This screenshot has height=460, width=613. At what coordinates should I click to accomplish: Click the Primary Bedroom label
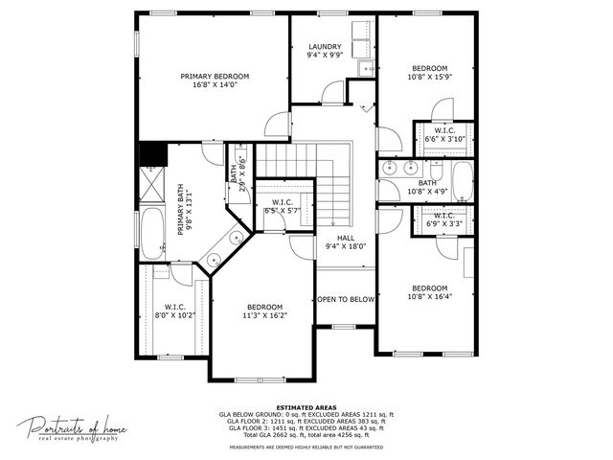click(x=215, y=76)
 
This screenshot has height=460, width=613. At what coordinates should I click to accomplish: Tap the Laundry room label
click(x=325, y=47)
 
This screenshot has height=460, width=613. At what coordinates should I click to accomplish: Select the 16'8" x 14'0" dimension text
click(x=215, y=85)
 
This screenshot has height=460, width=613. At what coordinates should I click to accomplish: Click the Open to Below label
click(x=346, y=299)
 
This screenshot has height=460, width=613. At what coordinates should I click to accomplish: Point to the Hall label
click(x=346, y=238)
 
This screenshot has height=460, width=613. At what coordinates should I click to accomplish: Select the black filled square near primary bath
click(x=152, y=153)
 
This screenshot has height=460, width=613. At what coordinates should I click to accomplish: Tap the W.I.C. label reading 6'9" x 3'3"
click(x=443, y=219)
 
